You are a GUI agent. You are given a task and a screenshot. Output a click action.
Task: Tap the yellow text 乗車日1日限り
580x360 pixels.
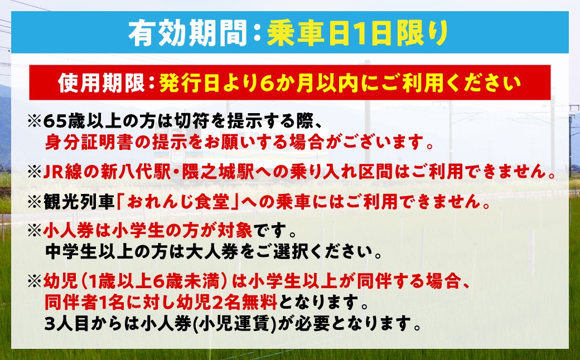point(357,35)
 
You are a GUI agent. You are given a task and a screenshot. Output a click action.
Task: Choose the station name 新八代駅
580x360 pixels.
point(130,172)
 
